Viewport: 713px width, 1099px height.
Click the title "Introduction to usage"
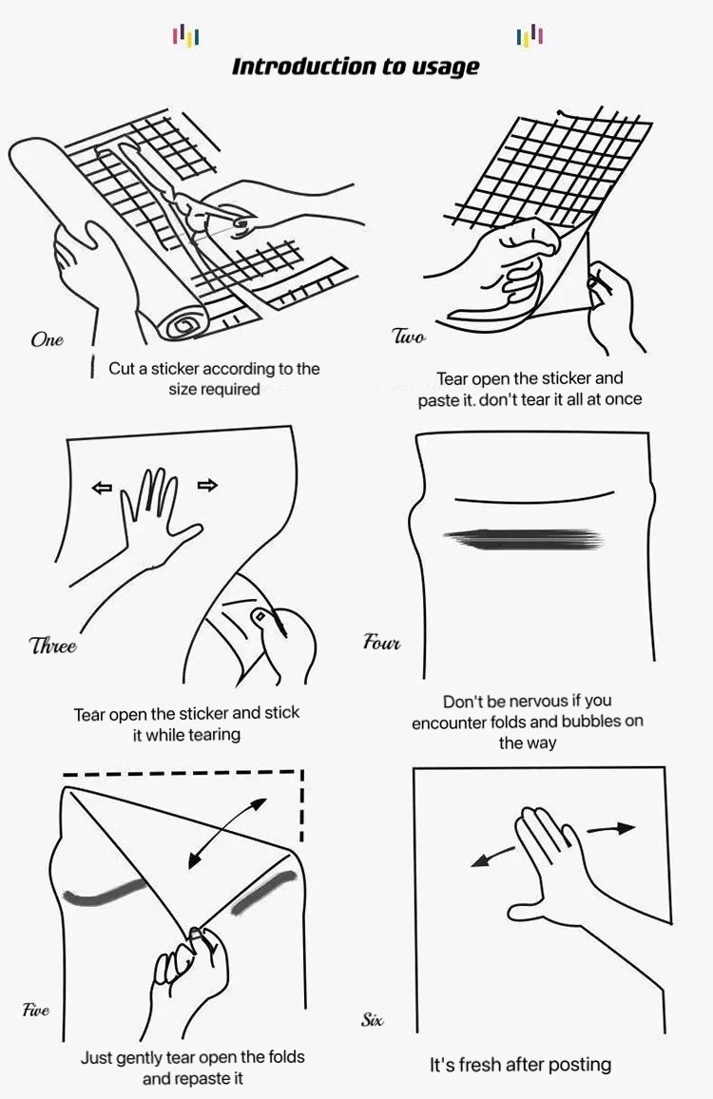(x=356, y=67)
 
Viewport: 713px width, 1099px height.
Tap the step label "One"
(x=47, y=340)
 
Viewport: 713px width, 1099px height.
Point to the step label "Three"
(x=53, y=646)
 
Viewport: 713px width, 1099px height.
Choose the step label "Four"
(x=382, y=643)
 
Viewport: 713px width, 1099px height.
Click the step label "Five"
(x=36, y=1011)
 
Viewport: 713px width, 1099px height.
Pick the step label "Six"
(x=373, y=1020)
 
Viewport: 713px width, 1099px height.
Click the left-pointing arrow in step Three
(x=101, y=488)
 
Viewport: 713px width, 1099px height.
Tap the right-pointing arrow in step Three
(x=207, y=486)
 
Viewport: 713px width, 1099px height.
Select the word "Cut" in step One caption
(x=122, y=369)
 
